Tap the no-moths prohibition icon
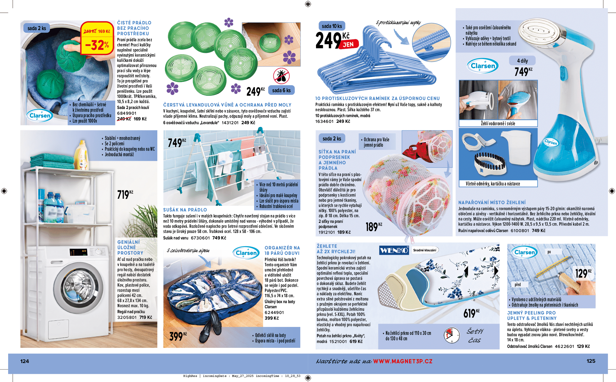(281, 76)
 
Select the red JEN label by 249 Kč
(348, 44)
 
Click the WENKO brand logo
(394, 250)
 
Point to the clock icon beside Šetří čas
(451, 335)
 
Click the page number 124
(25, 361)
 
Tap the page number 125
(591, 361)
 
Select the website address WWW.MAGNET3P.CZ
(403, 361)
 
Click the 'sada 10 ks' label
(331, 26)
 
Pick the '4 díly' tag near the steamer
(522, 61)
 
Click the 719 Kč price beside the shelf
(125, 194)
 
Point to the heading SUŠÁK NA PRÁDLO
(185, 210)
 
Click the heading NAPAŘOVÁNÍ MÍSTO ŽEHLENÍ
(492, 203)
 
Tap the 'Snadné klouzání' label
(425, 250)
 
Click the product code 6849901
(127, 113)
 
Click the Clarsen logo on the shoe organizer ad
(246, 253)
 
